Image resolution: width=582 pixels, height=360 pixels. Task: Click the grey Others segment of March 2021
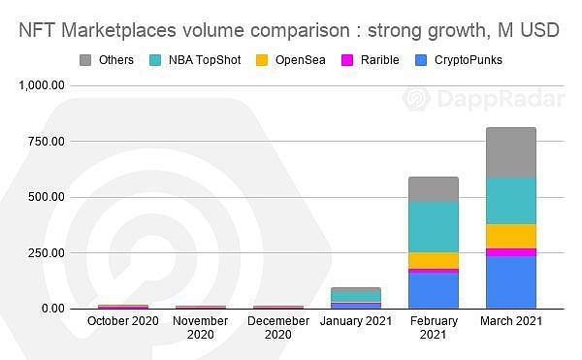click(511, 152)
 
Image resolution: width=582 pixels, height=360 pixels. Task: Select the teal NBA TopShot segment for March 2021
click(511, 201)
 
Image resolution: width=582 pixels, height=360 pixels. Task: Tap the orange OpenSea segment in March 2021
click(511, 236)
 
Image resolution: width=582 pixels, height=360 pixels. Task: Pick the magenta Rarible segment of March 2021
click(511, 252)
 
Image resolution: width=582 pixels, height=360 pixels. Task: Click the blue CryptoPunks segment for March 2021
click(511, 282)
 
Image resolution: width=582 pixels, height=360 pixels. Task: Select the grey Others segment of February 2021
click(434, 189)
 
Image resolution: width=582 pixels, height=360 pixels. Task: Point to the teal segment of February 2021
click(434, 227)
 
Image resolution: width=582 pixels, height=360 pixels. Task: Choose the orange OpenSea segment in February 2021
click(434, 260)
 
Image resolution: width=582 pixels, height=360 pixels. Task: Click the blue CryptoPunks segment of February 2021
click(434, 290)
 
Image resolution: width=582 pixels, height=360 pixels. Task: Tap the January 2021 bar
click(356, 298)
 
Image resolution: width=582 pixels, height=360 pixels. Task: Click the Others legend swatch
click(85, 60)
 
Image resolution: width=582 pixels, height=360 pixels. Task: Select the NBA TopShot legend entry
click(195, 60)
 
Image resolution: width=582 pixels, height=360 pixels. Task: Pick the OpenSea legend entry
click(291, 60)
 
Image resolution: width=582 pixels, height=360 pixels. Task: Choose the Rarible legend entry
click(371, 60)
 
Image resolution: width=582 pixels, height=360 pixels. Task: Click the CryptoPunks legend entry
click(459, 60)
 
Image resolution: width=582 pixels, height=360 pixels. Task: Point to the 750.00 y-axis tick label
click(47, 142)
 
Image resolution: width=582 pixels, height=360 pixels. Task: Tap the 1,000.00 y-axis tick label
click(42, 85)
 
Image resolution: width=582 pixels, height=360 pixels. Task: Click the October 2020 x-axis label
click(123, 320)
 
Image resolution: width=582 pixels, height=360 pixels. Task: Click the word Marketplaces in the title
click(118, 30)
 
